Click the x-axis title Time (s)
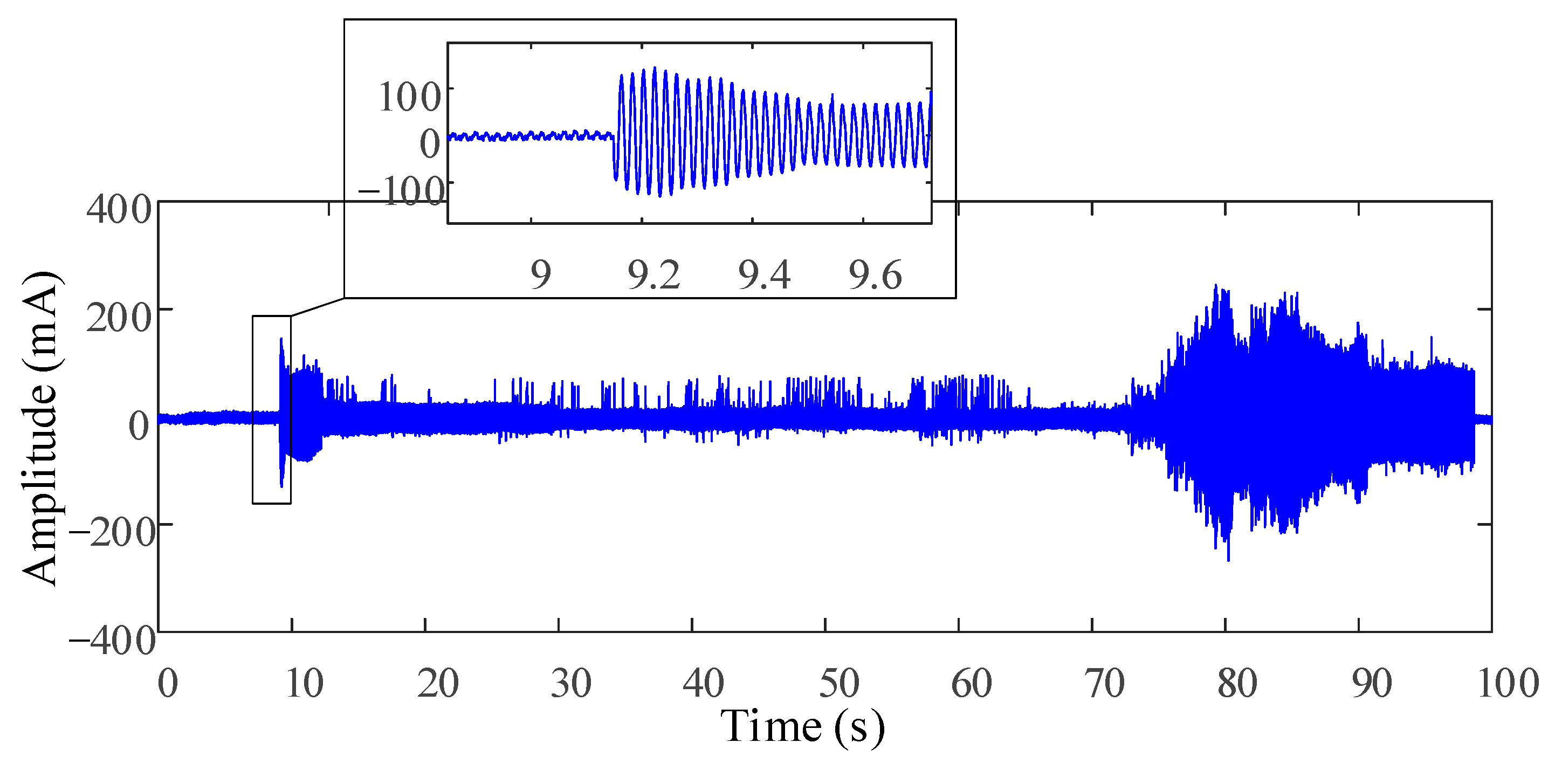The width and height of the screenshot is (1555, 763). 803,727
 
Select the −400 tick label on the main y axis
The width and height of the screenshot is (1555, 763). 112,641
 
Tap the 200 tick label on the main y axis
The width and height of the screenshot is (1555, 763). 119,318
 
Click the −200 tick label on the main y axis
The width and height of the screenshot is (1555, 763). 112,533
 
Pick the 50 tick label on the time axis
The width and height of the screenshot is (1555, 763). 838,684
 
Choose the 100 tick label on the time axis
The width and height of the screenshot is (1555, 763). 1508,684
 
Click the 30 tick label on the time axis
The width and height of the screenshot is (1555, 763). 571,684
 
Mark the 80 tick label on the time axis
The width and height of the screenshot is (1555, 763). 1237,684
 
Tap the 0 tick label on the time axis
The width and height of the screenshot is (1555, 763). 168,684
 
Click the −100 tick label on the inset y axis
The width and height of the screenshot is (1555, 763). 402,192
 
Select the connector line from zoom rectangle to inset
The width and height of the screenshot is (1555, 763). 318,307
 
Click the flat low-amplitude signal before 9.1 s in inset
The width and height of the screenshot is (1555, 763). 531,136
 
